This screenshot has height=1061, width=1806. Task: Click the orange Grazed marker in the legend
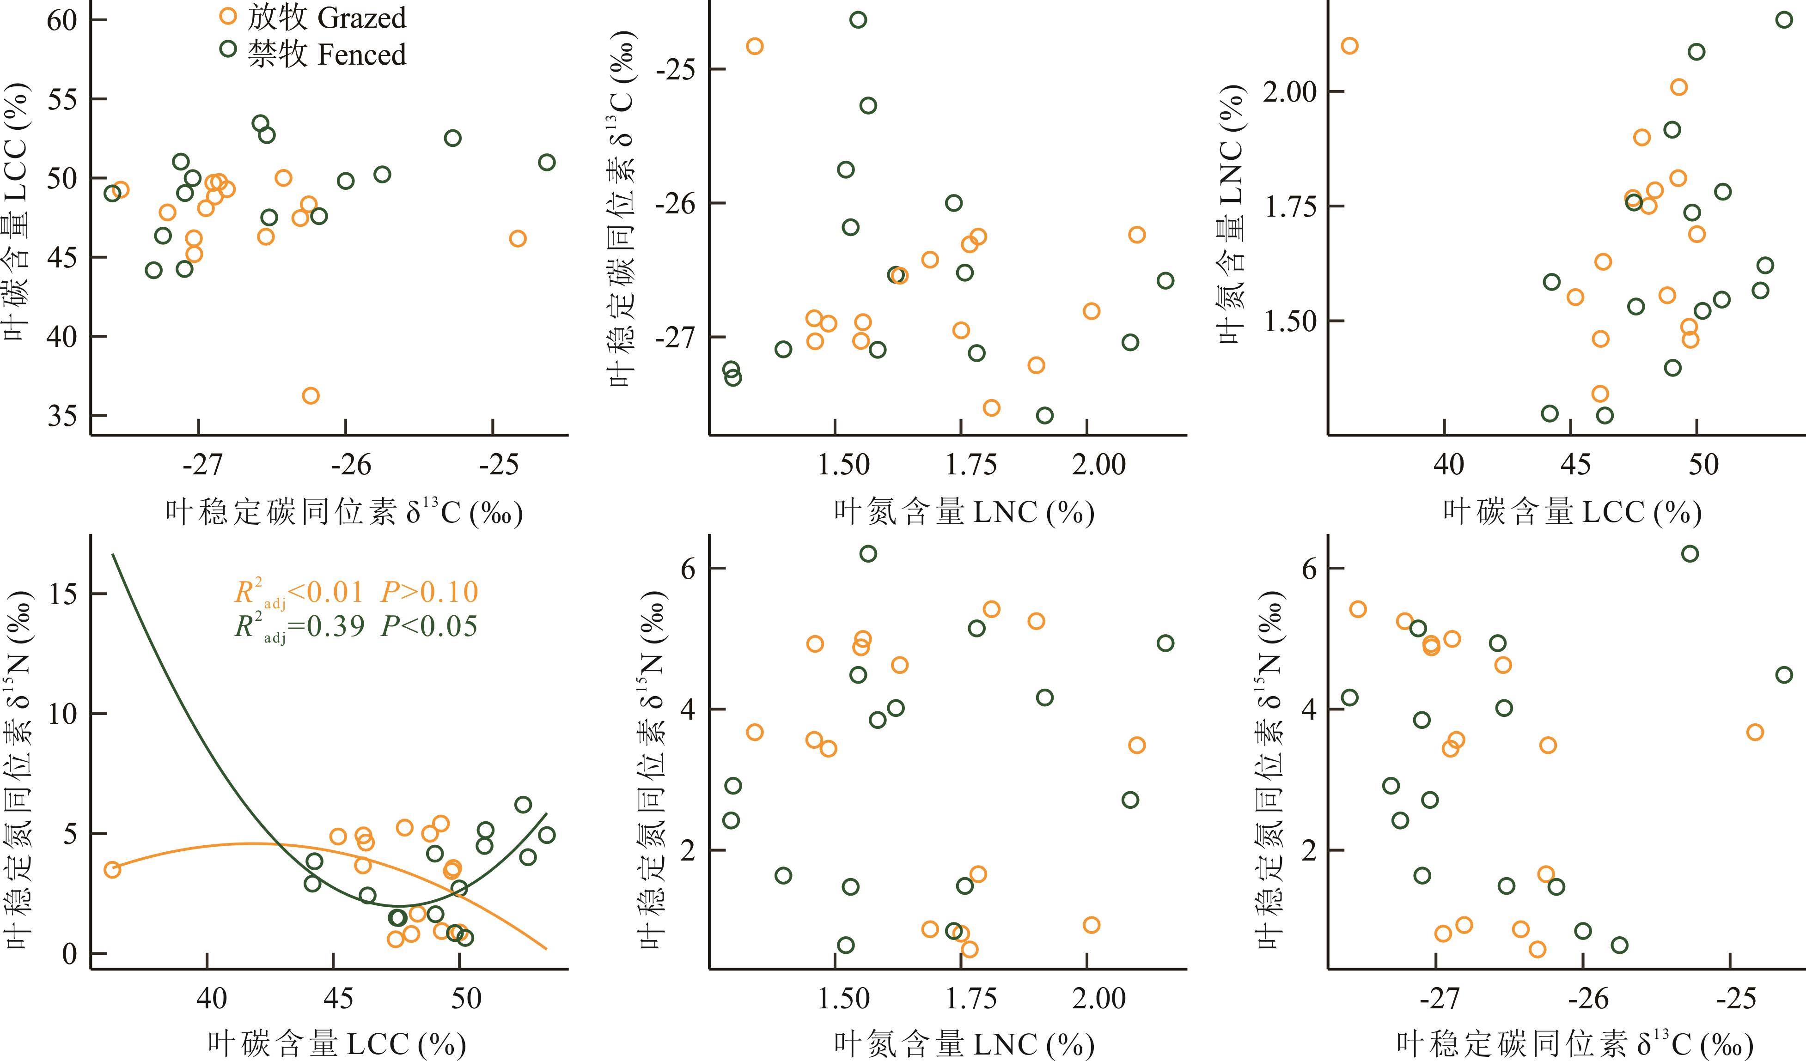pyautogui.click(x=228, y=16)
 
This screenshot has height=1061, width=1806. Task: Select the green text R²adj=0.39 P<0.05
pyautogui.click(x=355, y=627)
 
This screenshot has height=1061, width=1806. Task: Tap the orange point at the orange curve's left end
pyautogui.click(x=112, y=870)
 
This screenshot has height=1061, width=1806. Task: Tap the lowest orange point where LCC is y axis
pyautogui.click(x=310, y=395)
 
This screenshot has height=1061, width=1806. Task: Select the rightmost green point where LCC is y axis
pyautogui.click(x=547, y=163)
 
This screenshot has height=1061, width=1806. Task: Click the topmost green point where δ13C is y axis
pyautogui.click(x=858, y=20)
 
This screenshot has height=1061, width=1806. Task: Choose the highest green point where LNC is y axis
pyautogui.click(x=1784, y=20)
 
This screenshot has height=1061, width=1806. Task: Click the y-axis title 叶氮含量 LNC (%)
pyautogui.click(x=1231, y=215)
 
